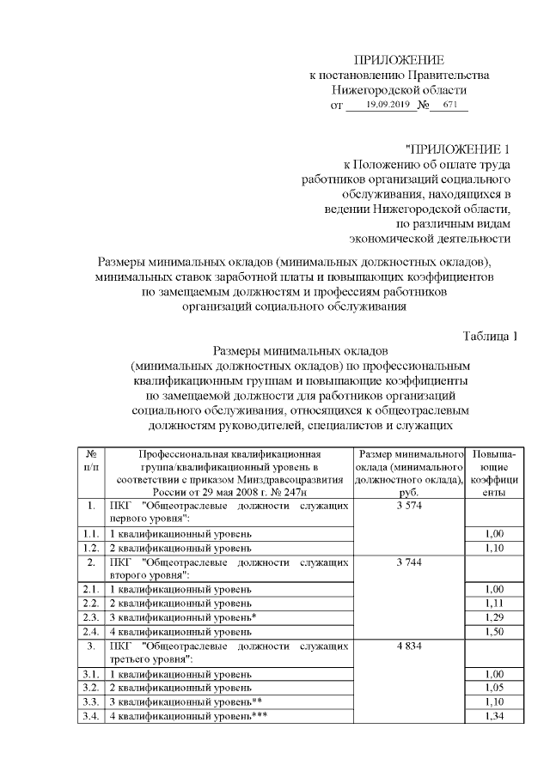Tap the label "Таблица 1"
tap(490, 335)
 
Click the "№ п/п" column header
tap(90, 460)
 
